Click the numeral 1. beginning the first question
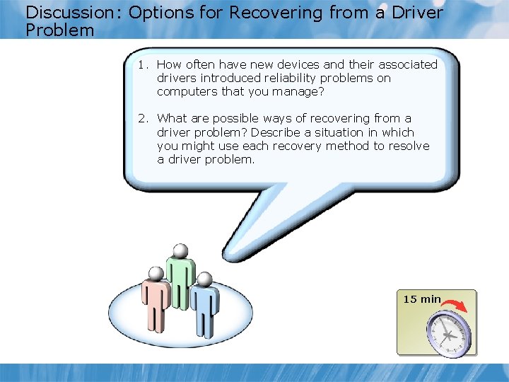(x=144, y=64)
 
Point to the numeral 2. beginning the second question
(x=144, y=118)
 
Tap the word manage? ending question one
(x=300, y=91)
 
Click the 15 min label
(x=421, y=299)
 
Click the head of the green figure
(x=181, y=250)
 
